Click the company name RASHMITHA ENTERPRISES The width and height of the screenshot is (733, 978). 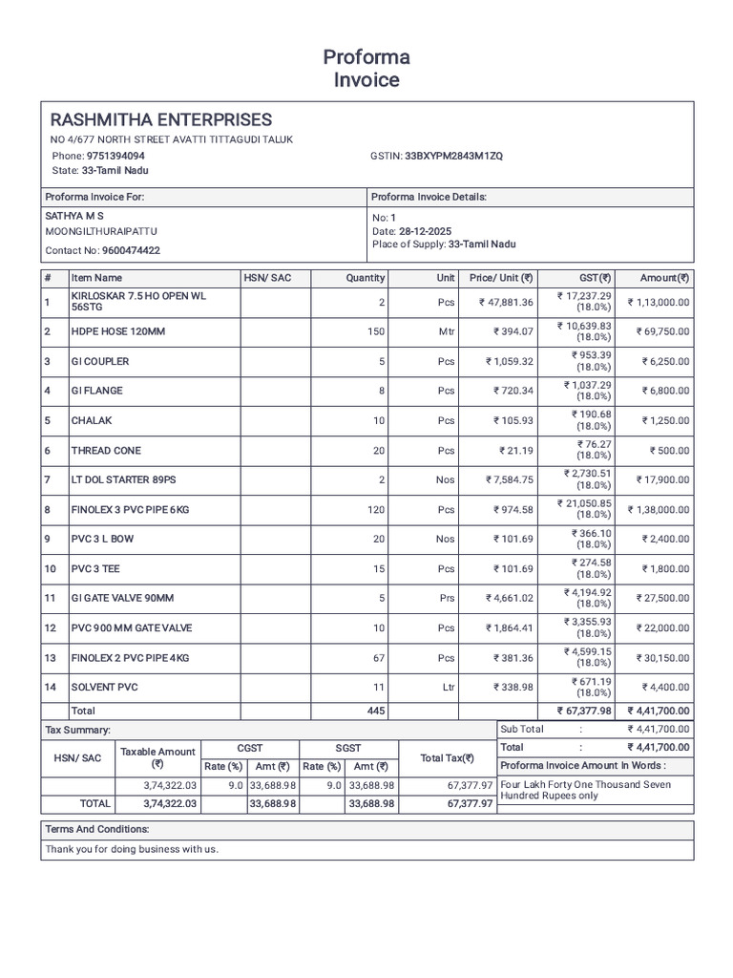[160, 120]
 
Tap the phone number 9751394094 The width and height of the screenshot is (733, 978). [115, 156]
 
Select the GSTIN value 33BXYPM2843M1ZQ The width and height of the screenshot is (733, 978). [453, 156]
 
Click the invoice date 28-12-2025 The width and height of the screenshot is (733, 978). [425, 232]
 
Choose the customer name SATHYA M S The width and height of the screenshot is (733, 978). [74, 217]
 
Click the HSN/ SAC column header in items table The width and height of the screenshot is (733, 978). [267, 278]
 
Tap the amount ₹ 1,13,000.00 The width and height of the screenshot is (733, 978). [658, 303]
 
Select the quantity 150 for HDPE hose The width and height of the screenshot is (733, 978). [376, 331]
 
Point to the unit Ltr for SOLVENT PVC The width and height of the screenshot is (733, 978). [447, 688]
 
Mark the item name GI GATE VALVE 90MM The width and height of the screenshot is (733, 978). [122, 599]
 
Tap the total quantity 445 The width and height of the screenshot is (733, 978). [376, 712]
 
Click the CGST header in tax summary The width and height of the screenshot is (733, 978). [249, 749]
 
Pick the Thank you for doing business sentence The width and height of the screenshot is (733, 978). [132, 849]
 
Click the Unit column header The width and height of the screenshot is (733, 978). [446, 278]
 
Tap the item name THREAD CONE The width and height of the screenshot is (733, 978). [105, 451]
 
